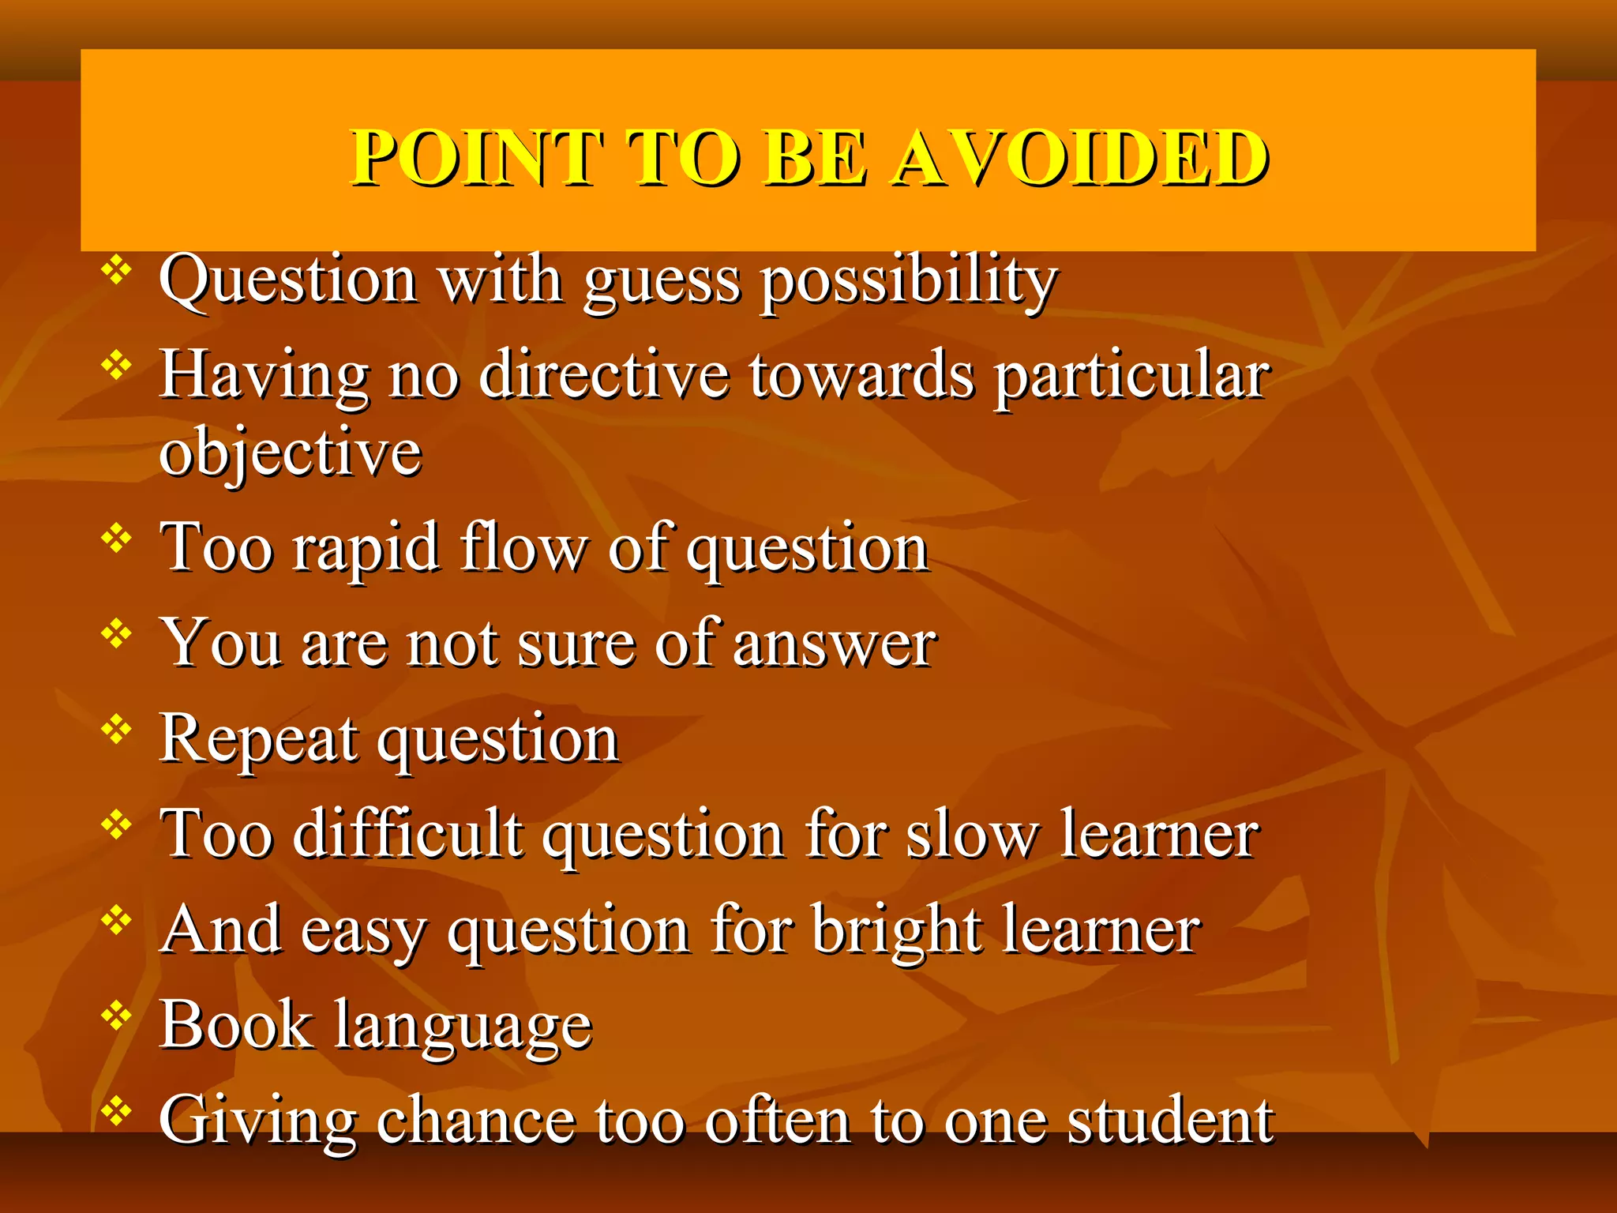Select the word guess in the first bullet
click(x=662, y=282)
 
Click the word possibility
click(x=908, y=282)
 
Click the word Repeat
click(x=258, y=740)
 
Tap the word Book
click(x=236, y=1024)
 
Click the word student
click(x=1170, y=1120)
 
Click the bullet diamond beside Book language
click(x=117, y=1016)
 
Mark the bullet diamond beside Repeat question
click(x=117, y=730)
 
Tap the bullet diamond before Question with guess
click(x=117, y=271)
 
